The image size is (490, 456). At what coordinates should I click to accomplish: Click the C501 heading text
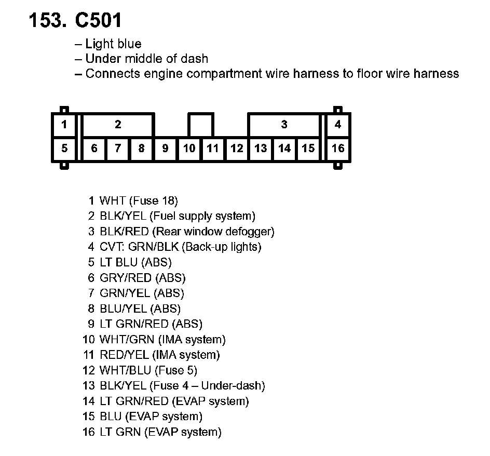point(99,21)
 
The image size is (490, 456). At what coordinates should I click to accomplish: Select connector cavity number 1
point(64,125)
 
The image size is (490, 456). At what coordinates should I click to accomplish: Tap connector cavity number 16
point(338,149)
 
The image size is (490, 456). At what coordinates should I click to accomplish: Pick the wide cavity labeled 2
point(118,125)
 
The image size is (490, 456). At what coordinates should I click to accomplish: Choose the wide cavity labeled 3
point(284,125)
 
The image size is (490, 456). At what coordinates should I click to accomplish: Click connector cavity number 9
point(165,149)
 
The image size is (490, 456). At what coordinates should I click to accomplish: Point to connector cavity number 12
point(237,149)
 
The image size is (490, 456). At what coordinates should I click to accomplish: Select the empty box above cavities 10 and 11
point(200,125)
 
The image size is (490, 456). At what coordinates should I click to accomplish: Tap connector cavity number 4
point(338,125)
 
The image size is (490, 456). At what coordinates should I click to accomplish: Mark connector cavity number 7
point(118,149)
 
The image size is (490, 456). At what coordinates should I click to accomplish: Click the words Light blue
point(113,44)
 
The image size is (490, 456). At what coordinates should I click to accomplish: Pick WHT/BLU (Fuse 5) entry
point(148,370)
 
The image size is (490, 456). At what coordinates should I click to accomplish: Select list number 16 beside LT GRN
point(89,432)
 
